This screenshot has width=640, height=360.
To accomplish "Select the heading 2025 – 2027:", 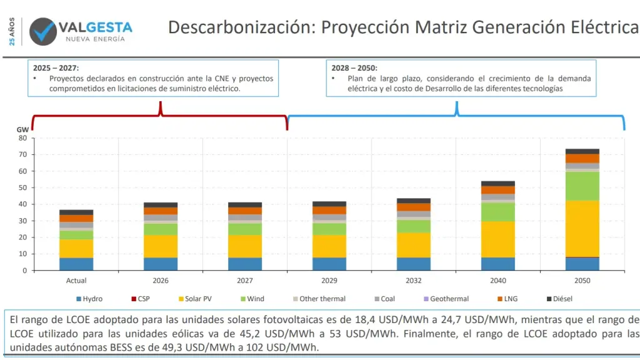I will tap(56, 67).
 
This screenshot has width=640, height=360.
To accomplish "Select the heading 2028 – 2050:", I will tap(354, 67).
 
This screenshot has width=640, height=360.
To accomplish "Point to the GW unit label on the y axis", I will tap(22, 129).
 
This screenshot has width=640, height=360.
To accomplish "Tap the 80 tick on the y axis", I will tap(23, 137).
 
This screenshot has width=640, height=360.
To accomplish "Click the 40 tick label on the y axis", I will tap(23, 204).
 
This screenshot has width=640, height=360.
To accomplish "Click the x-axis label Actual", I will tap(76, 281).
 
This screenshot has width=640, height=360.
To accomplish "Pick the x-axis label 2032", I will tap(414, 281).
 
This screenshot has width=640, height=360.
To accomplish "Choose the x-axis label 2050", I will tap(582, 281).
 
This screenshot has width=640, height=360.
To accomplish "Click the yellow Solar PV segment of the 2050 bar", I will tap(582, 228).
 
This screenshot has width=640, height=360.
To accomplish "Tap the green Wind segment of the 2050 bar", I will tap(582, 186).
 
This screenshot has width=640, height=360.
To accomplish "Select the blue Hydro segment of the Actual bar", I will tap(76, 264).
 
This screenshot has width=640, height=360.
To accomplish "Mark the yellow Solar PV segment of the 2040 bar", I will tap(498, 239).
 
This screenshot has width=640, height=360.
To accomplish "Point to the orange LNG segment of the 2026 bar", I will tap(161, 211).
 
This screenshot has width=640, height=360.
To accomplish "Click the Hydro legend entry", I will tap(91, 299).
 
